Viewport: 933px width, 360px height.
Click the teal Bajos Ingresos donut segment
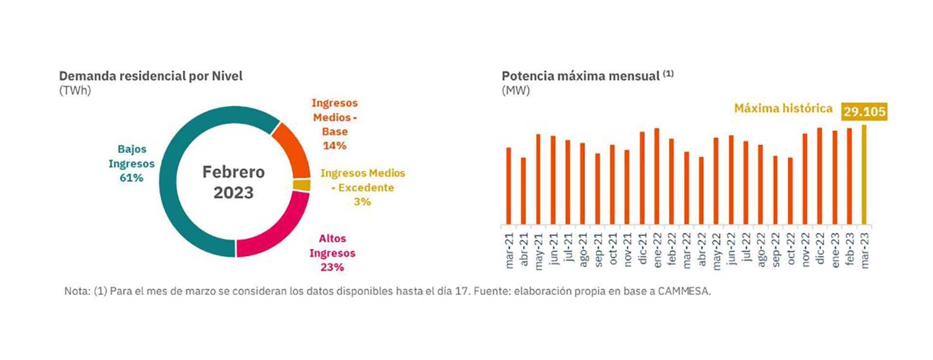[168, 185]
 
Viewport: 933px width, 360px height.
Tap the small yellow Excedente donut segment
[302, 185]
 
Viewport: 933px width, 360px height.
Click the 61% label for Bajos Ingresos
[131, 178]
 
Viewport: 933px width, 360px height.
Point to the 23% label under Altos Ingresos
[332, 267]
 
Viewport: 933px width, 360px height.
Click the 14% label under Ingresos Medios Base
[334, 145]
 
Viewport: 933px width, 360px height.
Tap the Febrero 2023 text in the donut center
[234, 182]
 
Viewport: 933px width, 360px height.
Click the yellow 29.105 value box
[864, 112]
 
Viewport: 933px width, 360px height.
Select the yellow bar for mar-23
[864, 175]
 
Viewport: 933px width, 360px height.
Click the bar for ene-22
[657, 176]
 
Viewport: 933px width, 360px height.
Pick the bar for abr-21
[523, 190]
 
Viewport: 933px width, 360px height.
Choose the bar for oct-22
[790, 190]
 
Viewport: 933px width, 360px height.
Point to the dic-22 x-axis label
[820, 249]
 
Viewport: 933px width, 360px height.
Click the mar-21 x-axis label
[509, 251]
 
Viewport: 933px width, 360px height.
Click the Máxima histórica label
[783, 108]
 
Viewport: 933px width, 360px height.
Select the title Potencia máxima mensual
[580, 76]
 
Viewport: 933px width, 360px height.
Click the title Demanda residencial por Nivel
[151, 76]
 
